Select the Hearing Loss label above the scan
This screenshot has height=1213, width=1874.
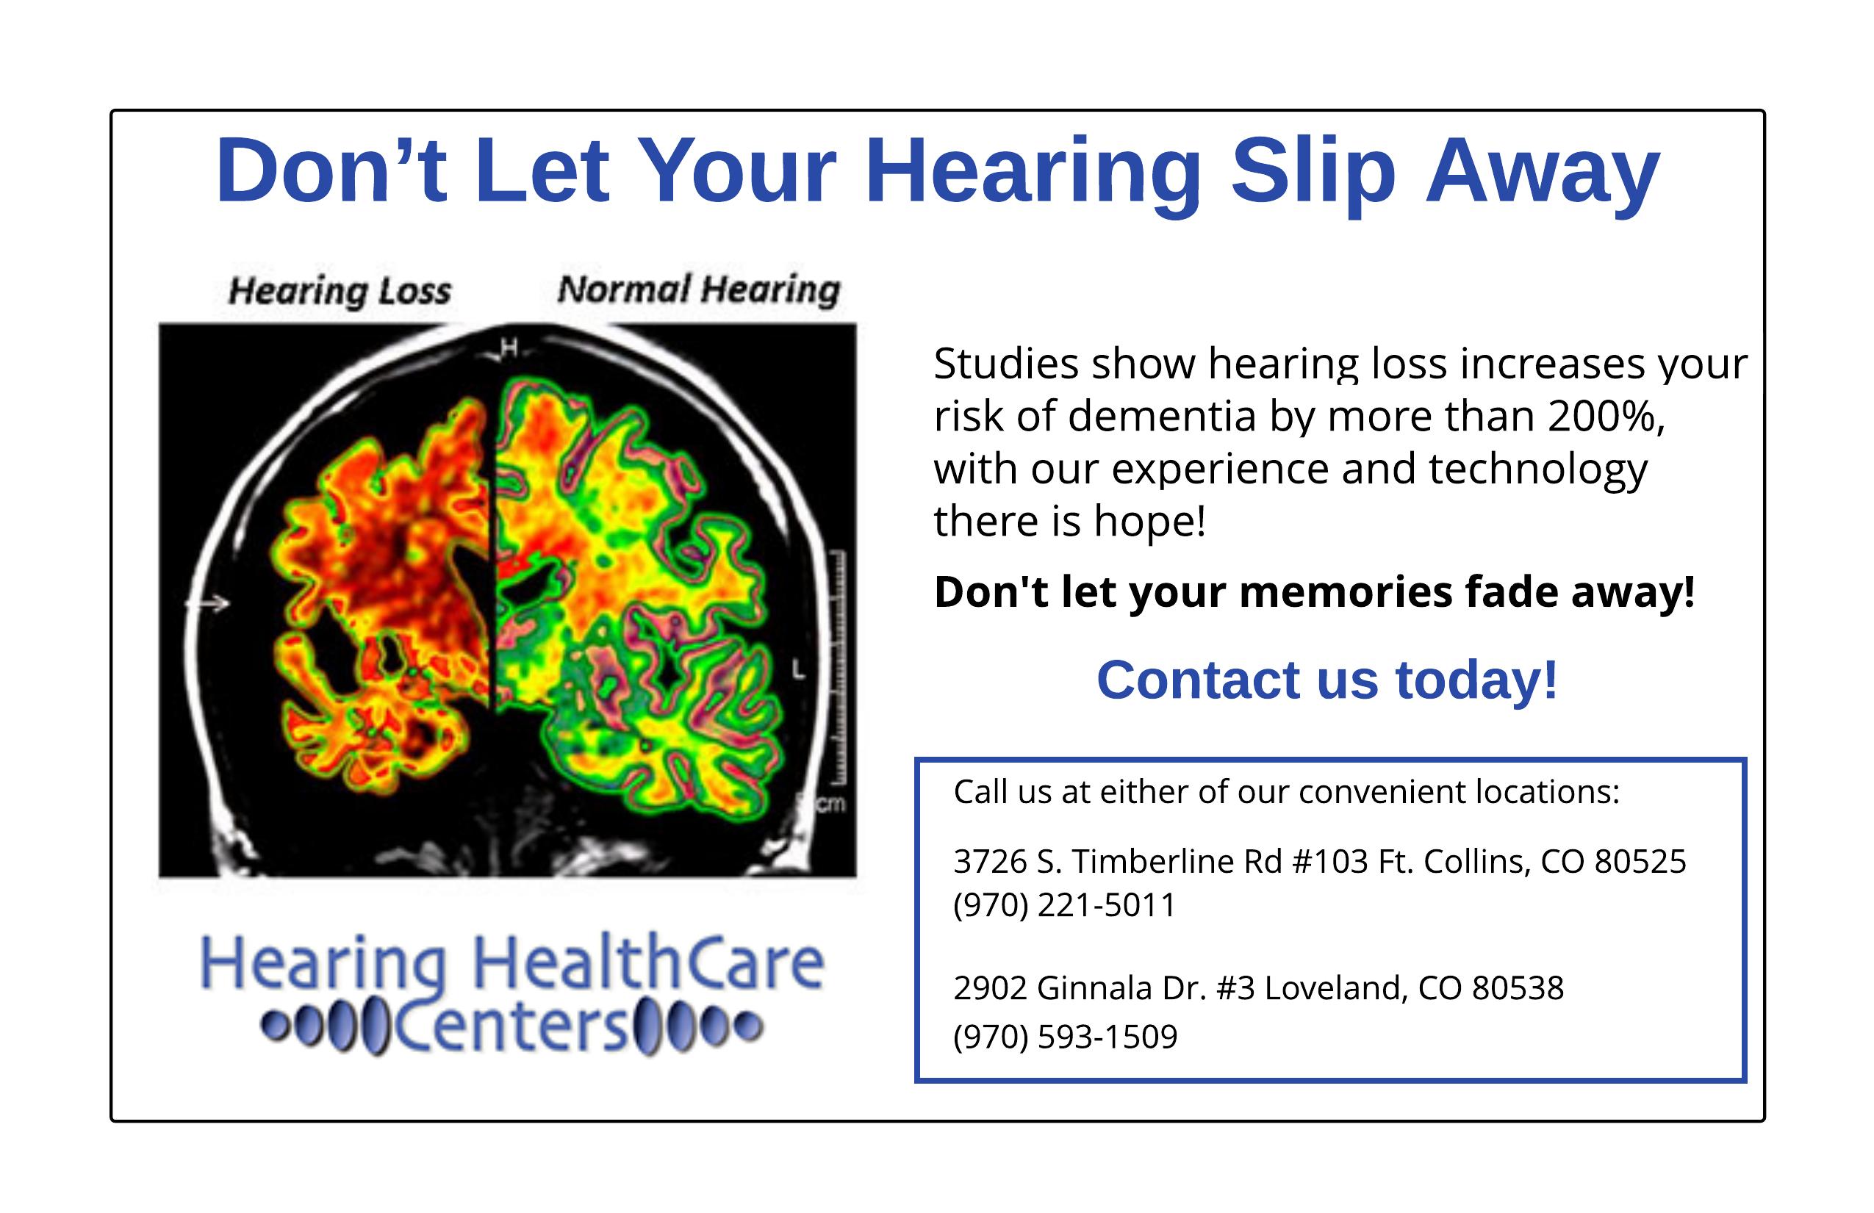(x=340, y=291)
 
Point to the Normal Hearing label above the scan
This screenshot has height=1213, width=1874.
(x=699, y=289)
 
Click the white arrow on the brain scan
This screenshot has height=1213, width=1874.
(x=208, y=604)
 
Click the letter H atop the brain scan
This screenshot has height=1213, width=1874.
(x=509, y=347)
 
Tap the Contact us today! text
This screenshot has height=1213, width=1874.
(x=1327, y=680)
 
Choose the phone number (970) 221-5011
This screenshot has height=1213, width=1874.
(x=1065, y=906)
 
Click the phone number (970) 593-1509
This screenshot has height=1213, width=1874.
(x=1066, y=1037)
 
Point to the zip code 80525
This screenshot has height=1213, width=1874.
(x=1640, y=862)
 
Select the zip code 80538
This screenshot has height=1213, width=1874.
(x=1518, y=989)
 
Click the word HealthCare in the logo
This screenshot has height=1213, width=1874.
(x=647, y=963)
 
